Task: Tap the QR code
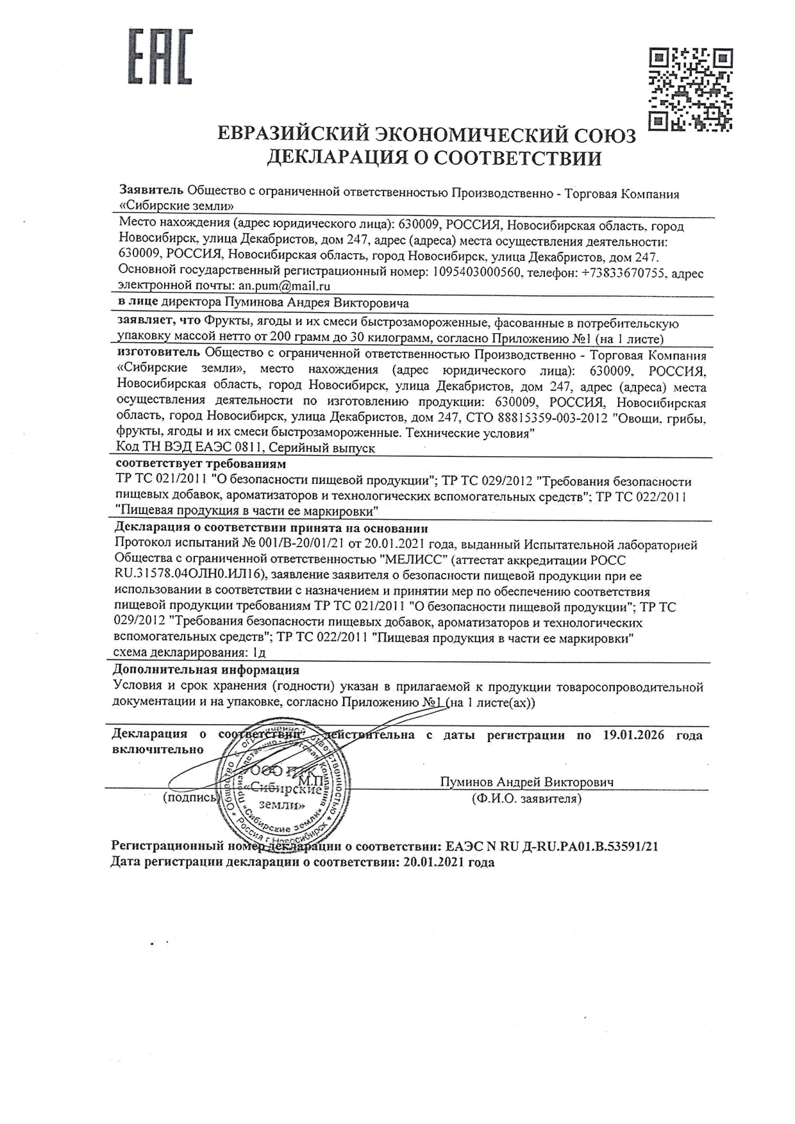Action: (x=690, y=89)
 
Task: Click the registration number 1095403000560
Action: (x=476, y=273)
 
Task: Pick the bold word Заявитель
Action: (x=151, y=193)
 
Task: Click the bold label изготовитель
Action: (x=159, y=354)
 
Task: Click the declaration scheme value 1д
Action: (x=259, y=654)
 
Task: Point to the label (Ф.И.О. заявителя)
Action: (x=526, y=798)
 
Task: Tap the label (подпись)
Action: (x=191, y=798)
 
